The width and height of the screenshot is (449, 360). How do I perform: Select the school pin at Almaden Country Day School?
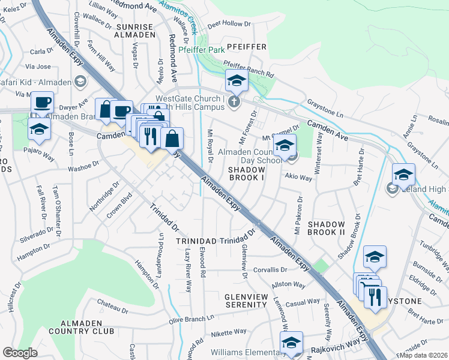285,145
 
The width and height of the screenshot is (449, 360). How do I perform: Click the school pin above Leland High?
403,174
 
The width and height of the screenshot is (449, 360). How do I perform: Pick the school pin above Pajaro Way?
40,128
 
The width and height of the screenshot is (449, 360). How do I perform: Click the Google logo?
20,353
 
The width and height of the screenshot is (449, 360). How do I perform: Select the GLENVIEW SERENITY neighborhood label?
250,301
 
